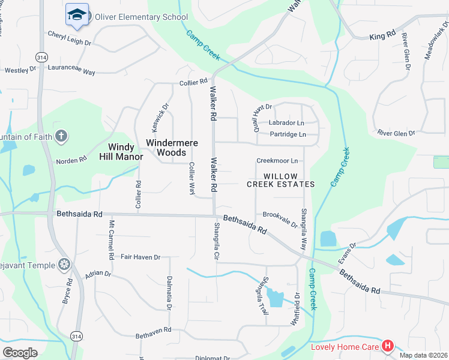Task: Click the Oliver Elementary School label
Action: click(x=141, y=17)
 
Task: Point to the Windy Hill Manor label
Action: click(x=125, y=152)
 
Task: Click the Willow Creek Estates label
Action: click(x=281, y=180)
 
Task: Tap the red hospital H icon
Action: click(x=388, y=346)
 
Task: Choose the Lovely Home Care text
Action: click(x=345, y=346)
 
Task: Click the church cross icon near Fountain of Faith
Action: click(x=60, y=136)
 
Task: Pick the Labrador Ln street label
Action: click(x=287, y=123)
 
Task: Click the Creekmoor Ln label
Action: click(x=277, y=161)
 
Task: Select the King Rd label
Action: click(x=382, y=37)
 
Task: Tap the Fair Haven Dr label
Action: click(x=140, y=257)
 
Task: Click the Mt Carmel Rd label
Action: click(x=111, y=239)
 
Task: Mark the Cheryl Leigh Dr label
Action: click(x=69, y=39)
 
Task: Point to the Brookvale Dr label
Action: click(x=280, y=218)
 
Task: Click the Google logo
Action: click(x=20, y=353)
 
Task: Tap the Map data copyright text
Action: click(x=424, y=355)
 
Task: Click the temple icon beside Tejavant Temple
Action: click(x=64, y=265)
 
